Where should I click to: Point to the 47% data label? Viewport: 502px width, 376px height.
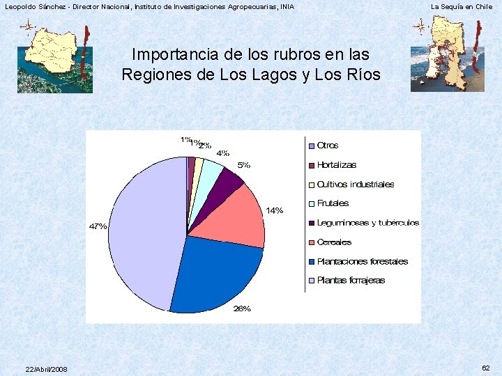98,226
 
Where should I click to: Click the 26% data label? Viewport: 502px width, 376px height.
242,308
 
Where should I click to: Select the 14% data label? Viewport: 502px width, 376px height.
274,210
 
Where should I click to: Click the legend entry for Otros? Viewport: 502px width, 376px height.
327,146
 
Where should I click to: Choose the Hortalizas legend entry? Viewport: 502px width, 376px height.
336,165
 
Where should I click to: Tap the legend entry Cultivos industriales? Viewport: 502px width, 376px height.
355,185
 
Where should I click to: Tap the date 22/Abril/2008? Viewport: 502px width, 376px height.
46,368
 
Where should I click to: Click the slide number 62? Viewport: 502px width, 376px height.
485,367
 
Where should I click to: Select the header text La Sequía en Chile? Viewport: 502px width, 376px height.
461,6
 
